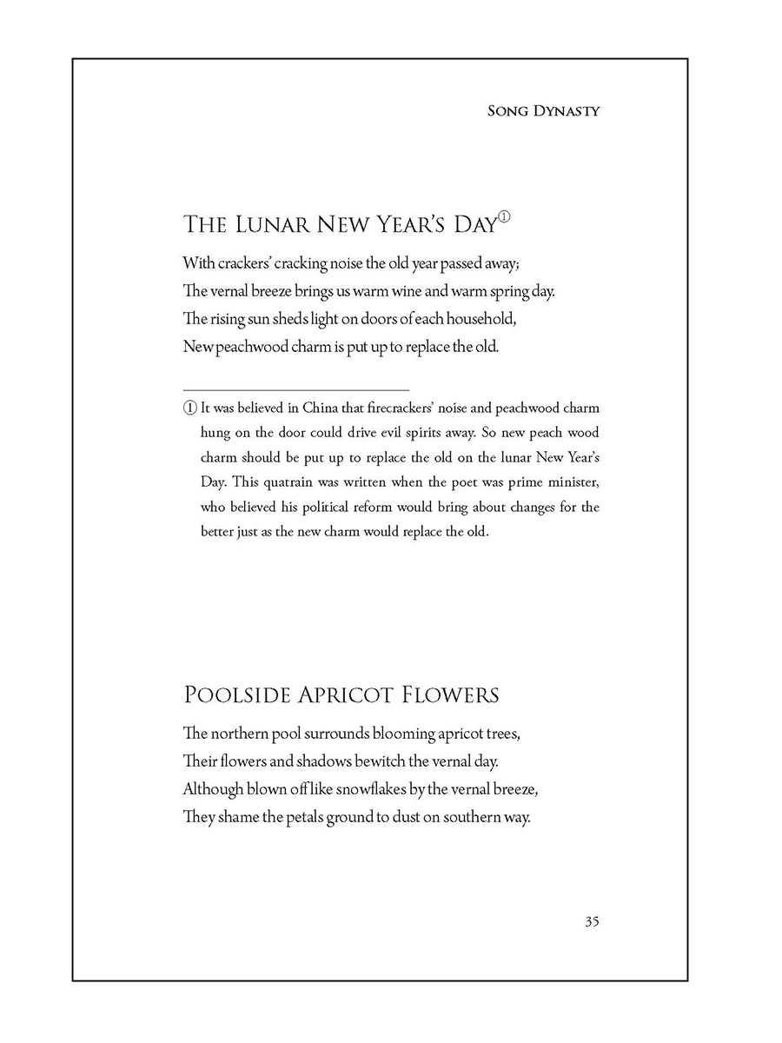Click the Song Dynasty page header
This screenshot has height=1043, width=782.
click(544, 111)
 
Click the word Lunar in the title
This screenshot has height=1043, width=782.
click(274, 224)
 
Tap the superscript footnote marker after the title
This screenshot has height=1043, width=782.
click(503, 218)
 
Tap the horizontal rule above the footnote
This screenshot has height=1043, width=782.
click(295, 389)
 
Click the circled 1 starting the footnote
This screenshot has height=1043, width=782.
click(189, 409)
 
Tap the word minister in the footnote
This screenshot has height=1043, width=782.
click(571, 482)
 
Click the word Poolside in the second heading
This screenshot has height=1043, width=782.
click(236, 695)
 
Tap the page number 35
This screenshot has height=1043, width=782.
click(592, 922)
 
